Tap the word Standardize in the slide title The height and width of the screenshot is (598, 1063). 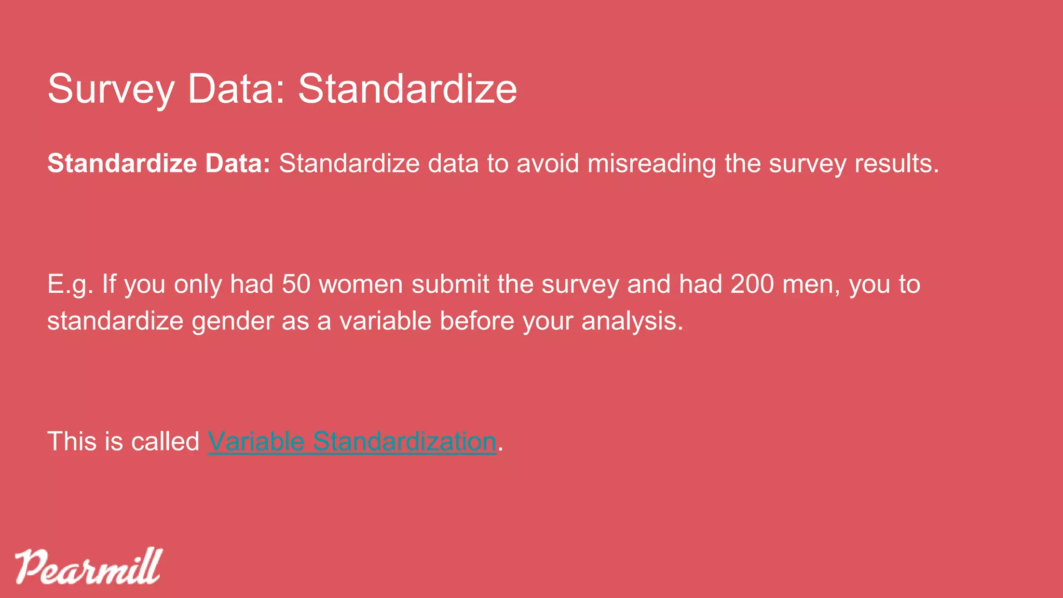(407, 89)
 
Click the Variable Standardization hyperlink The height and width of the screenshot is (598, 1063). (352, 442)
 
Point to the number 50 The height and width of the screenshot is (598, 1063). (296, 284)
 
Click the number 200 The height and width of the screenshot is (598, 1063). (752, 284)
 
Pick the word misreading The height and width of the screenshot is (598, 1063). (652, 164)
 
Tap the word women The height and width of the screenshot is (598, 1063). (361, 284)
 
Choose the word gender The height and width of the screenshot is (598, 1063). (233, 321)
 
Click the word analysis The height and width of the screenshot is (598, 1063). (632, 321)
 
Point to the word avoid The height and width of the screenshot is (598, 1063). (547, 164)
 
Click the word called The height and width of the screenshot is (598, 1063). (165, 442)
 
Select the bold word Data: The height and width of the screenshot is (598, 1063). (238, 164)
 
